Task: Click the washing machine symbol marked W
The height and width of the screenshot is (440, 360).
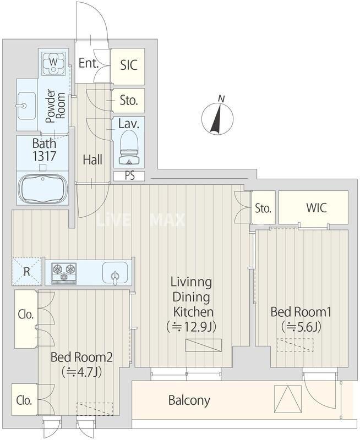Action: pyautogui.click(x=53, y=63)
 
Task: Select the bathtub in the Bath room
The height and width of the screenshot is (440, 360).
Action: pyautogui.click(x=43, y=189)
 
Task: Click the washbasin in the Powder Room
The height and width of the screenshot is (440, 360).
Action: pyautogui.click(x=26, y=106)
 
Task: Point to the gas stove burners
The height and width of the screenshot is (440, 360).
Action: pyautogui.click(x=64, y=272)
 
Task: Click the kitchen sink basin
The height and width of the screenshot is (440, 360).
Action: pyautogui.click(x=115, y=273)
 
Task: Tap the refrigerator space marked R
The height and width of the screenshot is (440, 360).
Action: pyautogui.click(x=26, y=271)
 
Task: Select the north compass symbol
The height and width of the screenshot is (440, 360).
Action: pyautogui.click(x=217, y=117)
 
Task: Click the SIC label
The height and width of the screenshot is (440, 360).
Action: pyautogui.click(x=129, y=65)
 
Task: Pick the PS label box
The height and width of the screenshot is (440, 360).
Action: pyautogui.click(x=129, y=176)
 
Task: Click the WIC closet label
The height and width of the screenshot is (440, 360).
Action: pyautogui.click(x=317, y=208)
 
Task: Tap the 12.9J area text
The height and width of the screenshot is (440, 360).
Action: pyautogui.click(x=191, y=327)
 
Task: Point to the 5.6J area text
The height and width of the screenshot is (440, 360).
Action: pyautogui.click(x=301, y=326)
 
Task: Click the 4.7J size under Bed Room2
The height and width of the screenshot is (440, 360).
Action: pyautogui.click(x=81, y=372)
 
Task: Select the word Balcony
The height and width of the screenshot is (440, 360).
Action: pyautogui.click(x=189, y=400)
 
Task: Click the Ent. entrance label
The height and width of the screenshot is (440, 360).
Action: pyautogui.click(x=89, y=63)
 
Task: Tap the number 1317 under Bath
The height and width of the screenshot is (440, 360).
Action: pyautogui.click(x=45, y=156)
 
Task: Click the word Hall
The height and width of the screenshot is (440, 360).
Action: pyautogui.click(x=92, y=159)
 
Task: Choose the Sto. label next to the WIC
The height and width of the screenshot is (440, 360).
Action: pyautogui.click(x=263, y=208)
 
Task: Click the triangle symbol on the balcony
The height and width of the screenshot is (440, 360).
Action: pyautogui.click(x=288, y=398)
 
